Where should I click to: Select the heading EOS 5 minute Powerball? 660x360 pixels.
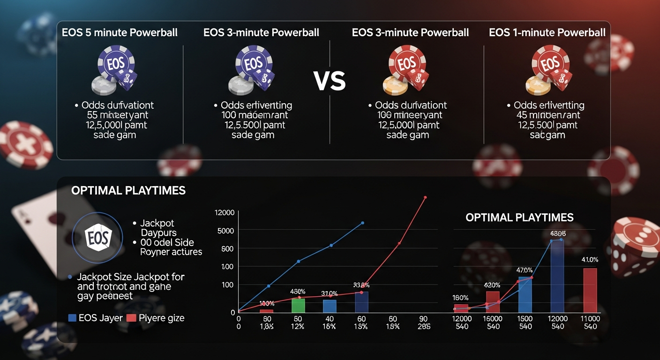tap(120, 33)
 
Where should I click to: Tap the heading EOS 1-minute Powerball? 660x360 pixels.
tap(547, 33)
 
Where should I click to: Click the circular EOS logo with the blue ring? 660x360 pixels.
tap(98, 237)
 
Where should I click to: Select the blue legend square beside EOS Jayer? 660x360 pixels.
tap(72, 318)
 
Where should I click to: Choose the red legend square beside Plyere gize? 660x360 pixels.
tap(131, 318)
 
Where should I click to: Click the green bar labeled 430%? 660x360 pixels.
tap(298, 305)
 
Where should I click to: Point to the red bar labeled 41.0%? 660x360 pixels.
tap(590, 290)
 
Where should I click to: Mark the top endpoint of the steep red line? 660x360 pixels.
tap(426, 197)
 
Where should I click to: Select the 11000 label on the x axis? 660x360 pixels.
tap(590, 319)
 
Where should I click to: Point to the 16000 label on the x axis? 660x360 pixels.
tap(493, 319)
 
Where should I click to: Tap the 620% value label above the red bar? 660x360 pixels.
tap(492, 285)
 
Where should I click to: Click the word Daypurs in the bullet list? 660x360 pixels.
tap(158, 232)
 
